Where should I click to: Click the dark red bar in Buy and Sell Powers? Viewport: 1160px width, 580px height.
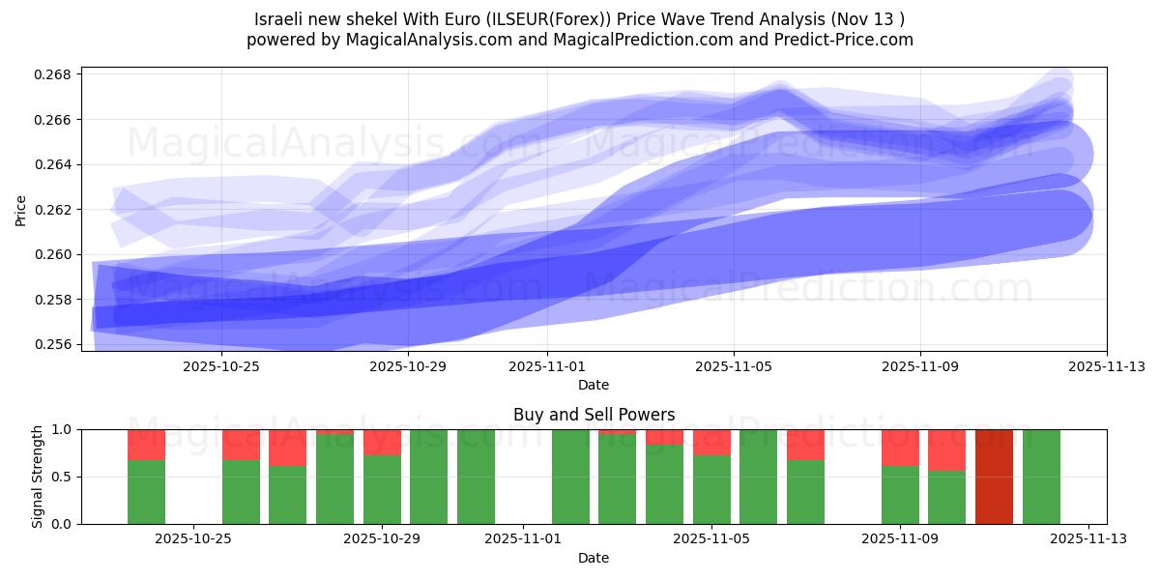tap(994, 477)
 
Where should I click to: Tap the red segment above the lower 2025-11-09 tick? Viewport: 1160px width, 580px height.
tap(900, 448)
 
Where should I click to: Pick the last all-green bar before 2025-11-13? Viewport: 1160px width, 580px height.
tap(1041, 477)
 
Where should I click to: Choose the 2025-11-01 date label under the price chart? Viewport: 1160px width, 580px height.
tap(547, 367)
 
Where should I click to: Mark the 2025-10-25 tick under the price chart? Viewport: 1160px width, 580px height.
tap(221, 367)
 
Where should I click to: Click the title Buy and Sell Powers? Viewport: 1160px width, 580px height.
tap(594, 416)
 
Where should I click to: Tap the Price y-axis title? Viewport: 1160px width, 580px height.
tap(21, 210)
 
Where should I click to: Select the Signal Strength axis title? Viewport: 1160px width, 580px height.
tap(38, 477)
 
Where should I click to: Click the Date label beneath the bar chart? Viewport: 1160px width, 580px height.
tap(594, 558)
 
